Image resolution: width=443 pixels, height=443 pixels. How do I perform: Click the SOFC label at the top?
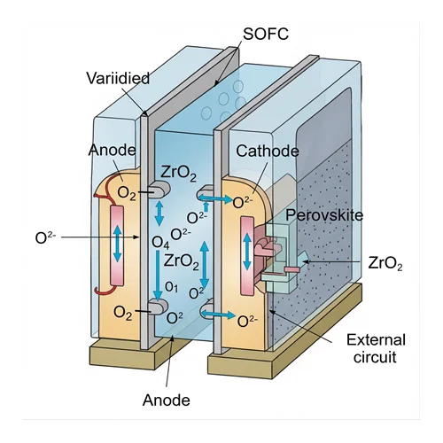pos(266,34)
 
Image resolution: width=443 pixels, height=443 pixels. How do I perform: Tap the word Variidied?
pos(118,78)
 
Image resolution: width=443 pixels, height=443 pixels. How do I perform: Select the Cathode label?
pos(268,152)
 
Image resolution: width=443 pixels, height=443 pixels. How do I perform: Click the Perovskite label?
pos(324,215)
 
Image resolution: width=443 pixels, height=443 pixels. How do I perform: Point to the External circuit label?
pos(376,348)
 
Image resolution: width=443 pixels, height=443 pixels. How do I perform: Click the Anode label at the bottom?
pos(167,400)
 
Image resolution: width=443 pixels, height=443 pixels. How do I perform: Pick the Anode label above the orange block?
pos(113,150)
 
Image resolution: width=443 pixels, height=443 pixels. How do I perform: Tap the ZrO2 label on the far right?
pos(385,263)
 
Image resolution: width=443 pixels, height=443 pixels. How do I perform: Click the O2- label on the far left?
pos(45,237)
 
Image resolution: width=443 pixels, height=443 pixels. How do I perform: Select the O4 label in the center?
pos(160,243)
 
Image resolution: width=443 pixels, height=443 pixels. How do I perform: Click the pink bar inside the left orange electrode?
pos(117,245)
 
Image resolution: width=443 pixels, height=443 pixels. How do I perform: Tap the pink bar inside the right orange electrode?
pos(247,255)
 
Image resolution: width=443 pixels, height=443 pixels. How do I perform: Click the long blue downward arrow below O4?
pos(158,276)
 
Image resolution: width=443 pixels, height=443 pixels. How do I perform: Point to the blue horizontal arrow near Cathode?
pos(215,198)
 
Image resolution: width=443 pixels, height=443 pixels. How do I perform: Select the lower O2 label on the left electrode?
pos(123,313)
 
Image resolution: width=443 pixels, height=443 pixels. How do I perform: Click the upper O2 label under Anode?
pos(127,193)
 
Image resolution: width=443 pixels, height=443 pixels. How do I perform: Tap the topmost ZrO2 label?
pos(178,174)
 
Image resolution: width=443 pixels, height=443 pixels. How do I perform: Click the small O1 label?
pos(171,287)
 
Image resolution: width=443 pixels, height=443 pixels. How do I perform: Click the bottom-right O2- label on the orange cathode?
pos(247,321)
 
